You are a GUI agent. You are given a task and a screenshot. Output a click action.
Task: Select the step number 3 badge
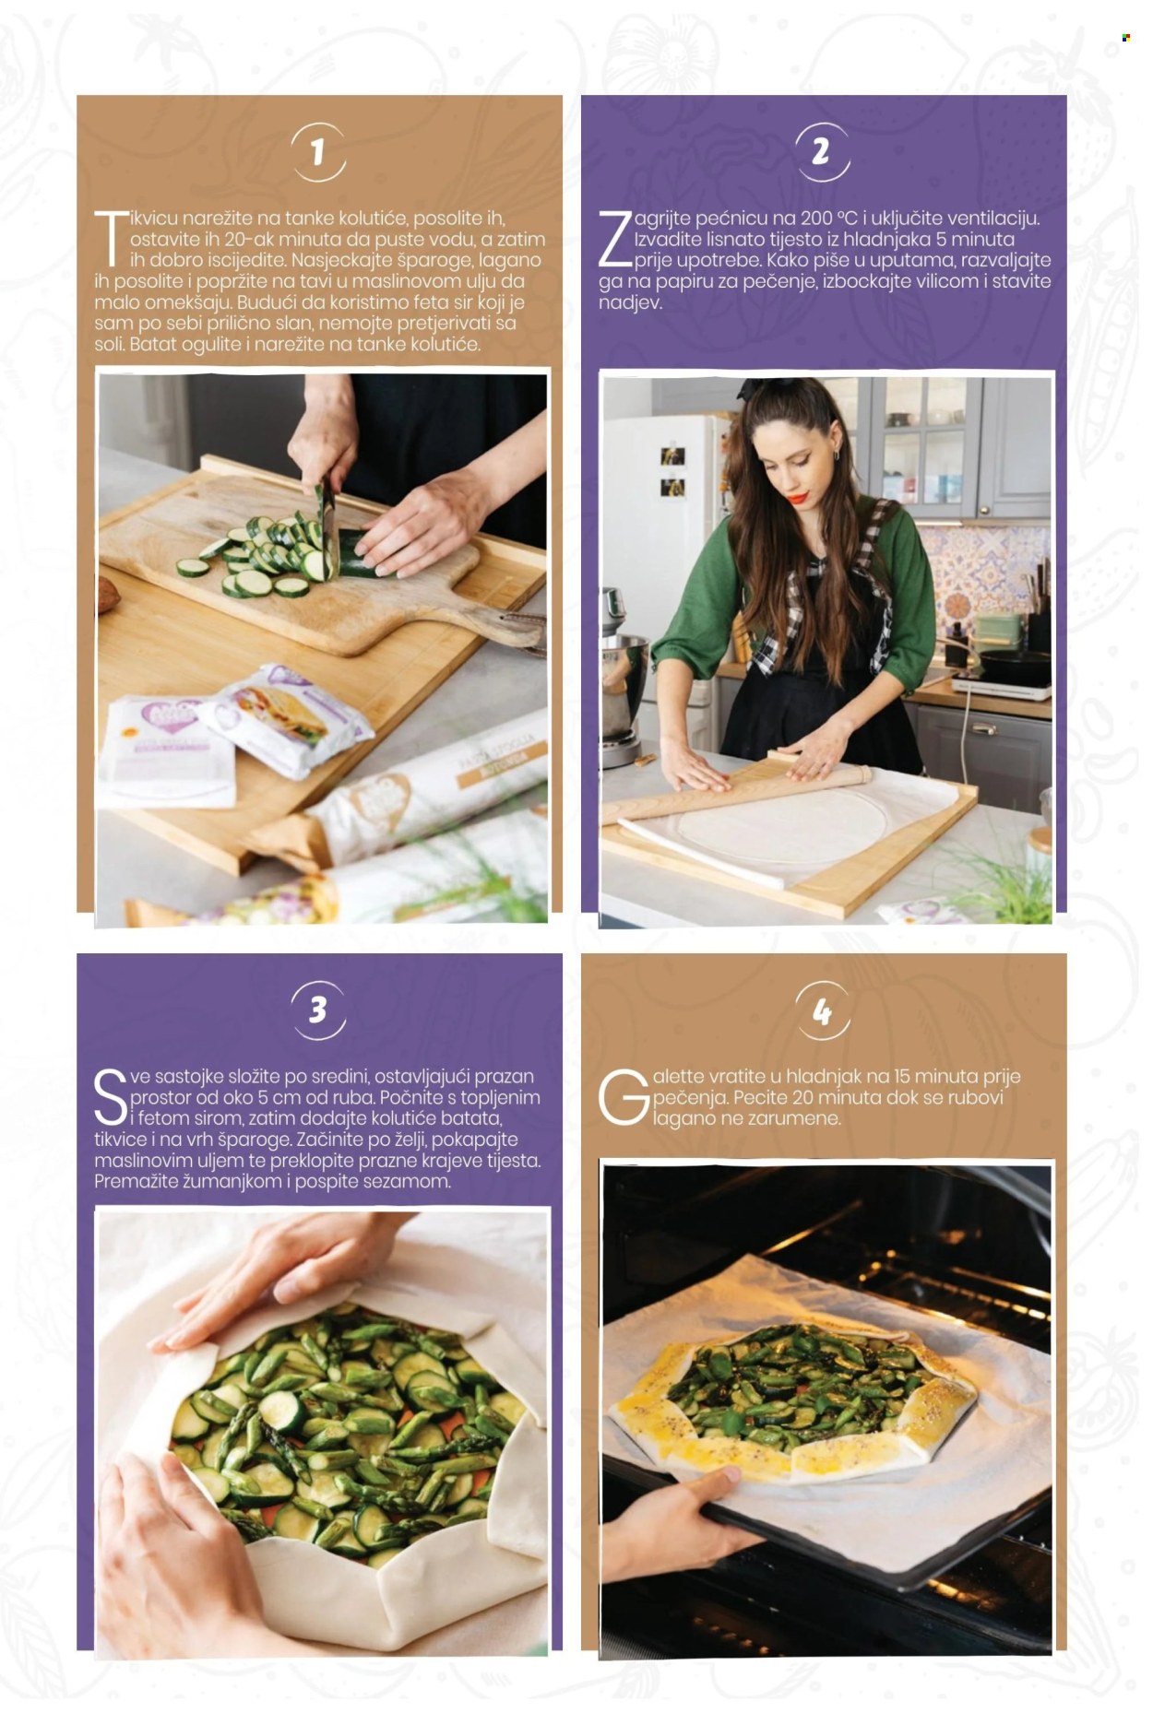(x=318, y=1010)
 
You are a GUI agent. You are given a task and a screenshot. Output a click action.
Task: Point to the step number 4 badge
(x=821, y=1011)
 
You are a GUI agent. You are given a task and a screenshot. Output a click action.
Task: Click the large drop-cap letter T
(x=112, y=240)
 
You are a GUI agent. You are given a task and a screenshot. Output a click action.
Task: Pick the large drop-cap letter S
(x=110, y=1097)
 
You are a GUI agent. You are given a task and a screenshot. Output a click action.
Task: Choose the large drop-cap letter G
(x=623, y=1097)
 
